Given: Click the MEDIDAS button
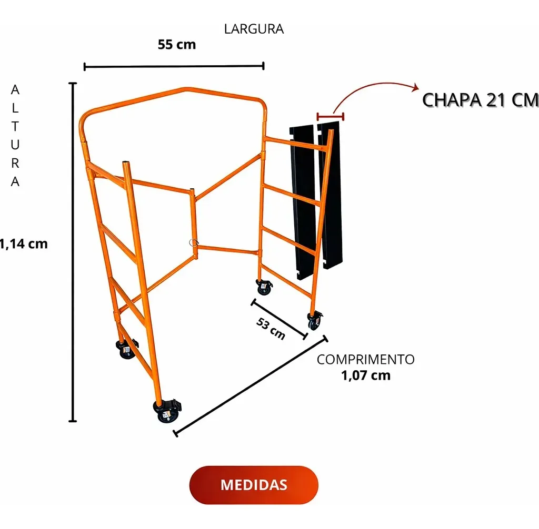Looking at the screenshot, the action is [254, 485].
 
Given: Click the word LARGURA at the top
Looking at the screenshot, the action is [254, 29].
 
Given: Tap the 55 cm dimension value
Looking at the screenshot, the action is [177, 45].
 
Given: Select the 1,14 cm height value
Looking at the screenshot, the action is [23, 244].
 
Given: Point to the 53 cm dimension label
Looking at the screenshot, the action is [271, 329].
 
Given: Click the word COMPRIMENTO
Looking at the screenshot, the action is [366, 360].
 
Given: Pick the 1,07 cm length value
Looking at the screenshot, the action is [366, 375].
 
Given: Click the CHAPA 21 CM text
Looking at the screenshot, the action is [480, 100].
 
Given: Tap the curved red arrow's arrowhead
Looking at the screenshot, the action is [416, 87].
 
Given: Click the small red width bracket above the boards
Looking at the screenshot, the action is [331, 116].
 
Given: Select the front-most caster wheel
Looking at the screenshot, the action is [167, 411].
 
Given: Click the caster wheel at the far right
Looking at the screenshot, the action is [315, 321].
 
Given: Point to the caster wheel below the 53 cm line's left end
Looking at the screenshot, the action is [264, 287].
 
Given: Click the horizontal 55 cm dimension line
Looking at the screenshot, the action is [174, 66].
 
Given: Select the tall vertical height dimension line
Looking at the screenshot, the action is [73, 252].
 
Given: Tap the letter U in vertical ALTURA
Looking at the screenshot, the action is [15, 145].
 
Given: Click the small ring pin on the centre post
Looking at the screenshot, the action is [194, 243].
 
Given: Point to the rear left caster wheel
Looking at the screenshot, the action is [126, 349].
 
